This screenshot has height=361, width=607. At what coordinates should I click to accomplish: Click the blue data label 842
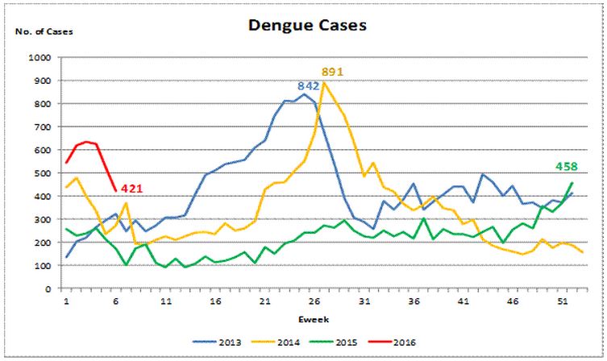(x=309, y=85)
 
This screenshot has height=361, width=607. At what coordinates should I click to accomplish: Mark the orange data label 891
(x=332, y=72)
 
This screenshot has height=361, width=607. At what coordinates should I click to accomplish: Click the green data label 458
(x=568, y=167)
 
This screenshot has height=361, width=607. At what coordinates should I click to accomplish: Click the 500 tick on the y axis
(x=42, y=173)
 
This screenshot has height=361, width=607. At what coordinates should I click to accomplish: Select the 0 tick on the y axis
(x=48, y=288)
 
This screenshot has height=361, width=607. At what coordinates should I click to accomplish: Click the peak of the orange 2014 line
(x=324, y=83)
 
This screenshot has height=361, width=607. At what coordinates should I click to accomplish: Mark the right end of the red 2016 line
(x=116, y=191)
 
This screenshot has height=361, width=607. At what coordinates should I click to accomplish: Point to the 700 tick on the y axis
(x=42, y=127)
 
